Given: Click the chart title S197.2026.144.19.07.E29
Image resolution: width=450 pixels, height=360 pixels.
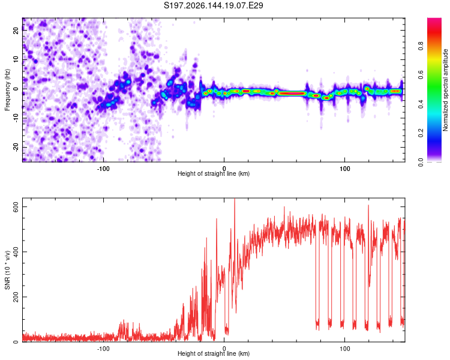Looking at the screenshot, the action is [213, 5].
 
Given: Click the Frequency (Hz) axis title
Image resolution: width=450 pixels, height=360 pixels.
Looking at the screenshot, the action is [7, 90].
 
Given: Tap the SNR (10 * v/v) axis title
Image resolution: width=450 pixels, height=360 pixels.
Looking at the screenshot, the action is [7, 270].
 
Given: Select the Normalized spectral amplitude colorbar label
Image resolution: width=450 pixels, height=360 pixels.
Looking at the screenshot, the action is [445, 90].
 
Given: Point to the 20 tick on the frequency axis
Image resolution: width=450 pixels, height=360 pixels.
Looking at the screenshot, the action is [16, 30].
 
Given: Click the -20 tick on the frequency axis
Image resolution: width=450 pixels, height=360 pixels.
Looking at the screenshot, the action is [16, 147].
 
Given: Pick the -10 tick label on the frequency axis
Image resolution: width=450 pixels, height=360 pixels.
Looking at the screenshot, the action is [16, 118].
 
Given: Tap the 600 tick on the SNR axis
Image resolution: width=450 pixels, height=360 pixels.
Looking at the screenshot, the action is [16, 206].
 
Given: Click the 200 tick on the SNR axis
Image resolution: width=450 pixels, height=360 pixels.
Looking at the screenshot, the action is [16, 297].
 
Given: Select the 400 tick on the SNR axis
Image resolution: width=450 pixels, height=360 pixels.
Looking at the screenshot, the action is [16, 252].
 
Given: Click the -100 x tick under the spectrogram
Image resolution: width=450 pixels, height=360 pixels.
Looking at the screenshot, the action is [103, 169].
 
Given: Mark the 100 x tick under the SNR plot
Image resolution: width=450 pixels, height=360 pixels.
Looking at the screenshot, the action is [344, 349].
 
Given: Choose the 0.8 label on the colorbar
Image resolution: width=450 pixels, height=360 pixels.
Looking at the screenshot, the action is [421, 46].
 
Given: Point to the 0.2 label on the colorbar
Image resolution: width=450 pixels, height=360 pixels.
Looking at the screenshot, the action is [421, 133].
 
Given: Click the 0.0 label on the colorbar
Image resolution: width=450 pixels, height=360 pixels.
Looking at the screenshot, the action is [421, 162].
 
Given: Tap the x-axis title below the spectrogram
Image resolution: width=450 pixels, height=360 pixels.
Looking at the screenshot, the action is [214, 173].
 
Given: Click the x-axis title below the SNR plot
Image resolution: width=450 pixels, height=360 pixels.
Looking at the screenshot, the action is [214, 353].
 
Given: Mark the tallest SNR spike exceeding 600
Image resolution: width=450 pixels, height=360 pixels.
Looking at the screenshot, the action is [235, 201].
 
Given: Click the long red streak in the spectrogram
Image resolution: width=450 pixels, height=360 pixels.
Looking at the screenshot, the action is [292, 93].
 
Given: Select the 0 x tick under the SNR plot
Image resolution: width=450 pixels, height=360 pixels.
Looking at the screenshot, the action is [224, 349].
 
